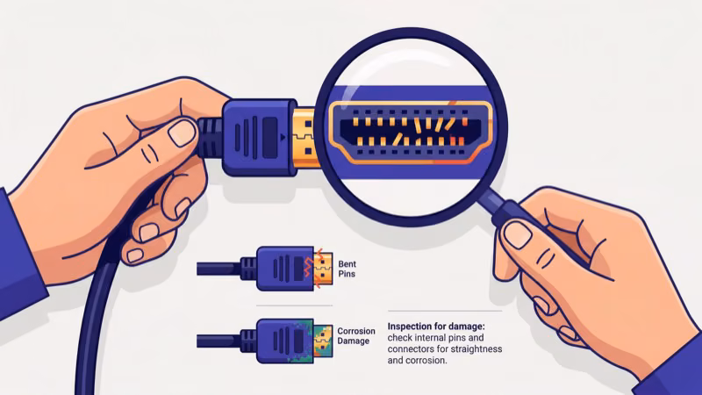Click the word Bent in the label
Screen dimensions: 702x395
[347, 264]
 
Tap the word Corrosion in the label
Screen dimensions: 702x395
[356, 331]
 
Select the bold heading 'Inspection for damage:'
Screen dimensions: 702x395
[436, 327]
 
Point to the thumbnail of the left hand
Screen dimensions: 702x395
[183, 133]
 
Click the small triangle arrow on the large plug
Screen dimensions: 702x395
[283, 137]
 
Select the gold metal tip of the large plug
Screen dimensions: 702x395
[305, 137]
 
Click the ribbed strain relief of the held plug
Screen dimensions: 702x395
[210, 138]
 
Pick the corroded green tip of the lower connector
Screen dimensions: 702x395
[323, 341]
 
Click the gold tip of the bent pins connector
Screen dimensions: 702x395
[323, 269]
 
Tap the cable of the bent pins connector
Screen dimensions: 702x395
[219, 269]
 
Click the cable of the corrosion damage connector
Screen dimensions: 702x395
[219, 341]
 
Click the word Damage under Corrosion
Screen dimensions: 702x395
[354, 341]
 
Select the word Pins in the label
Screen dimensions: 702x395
[347, 274]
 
